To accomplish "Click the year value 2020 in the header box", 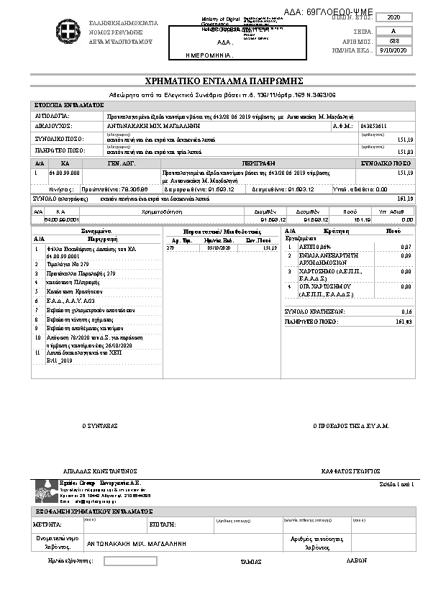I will point(394,17).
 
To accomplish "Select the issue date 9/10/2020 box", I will point(394,51).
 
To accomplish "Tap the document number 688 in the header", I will point(394,41).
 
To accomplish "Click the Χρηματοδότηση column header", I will point(163,212).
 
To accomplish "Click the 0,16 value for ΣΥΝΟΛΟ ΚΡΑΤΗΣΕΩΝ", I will point(406,311).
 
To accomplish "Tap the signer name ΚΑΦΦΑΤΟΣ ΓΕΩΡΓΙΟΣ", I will point(351,470).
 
